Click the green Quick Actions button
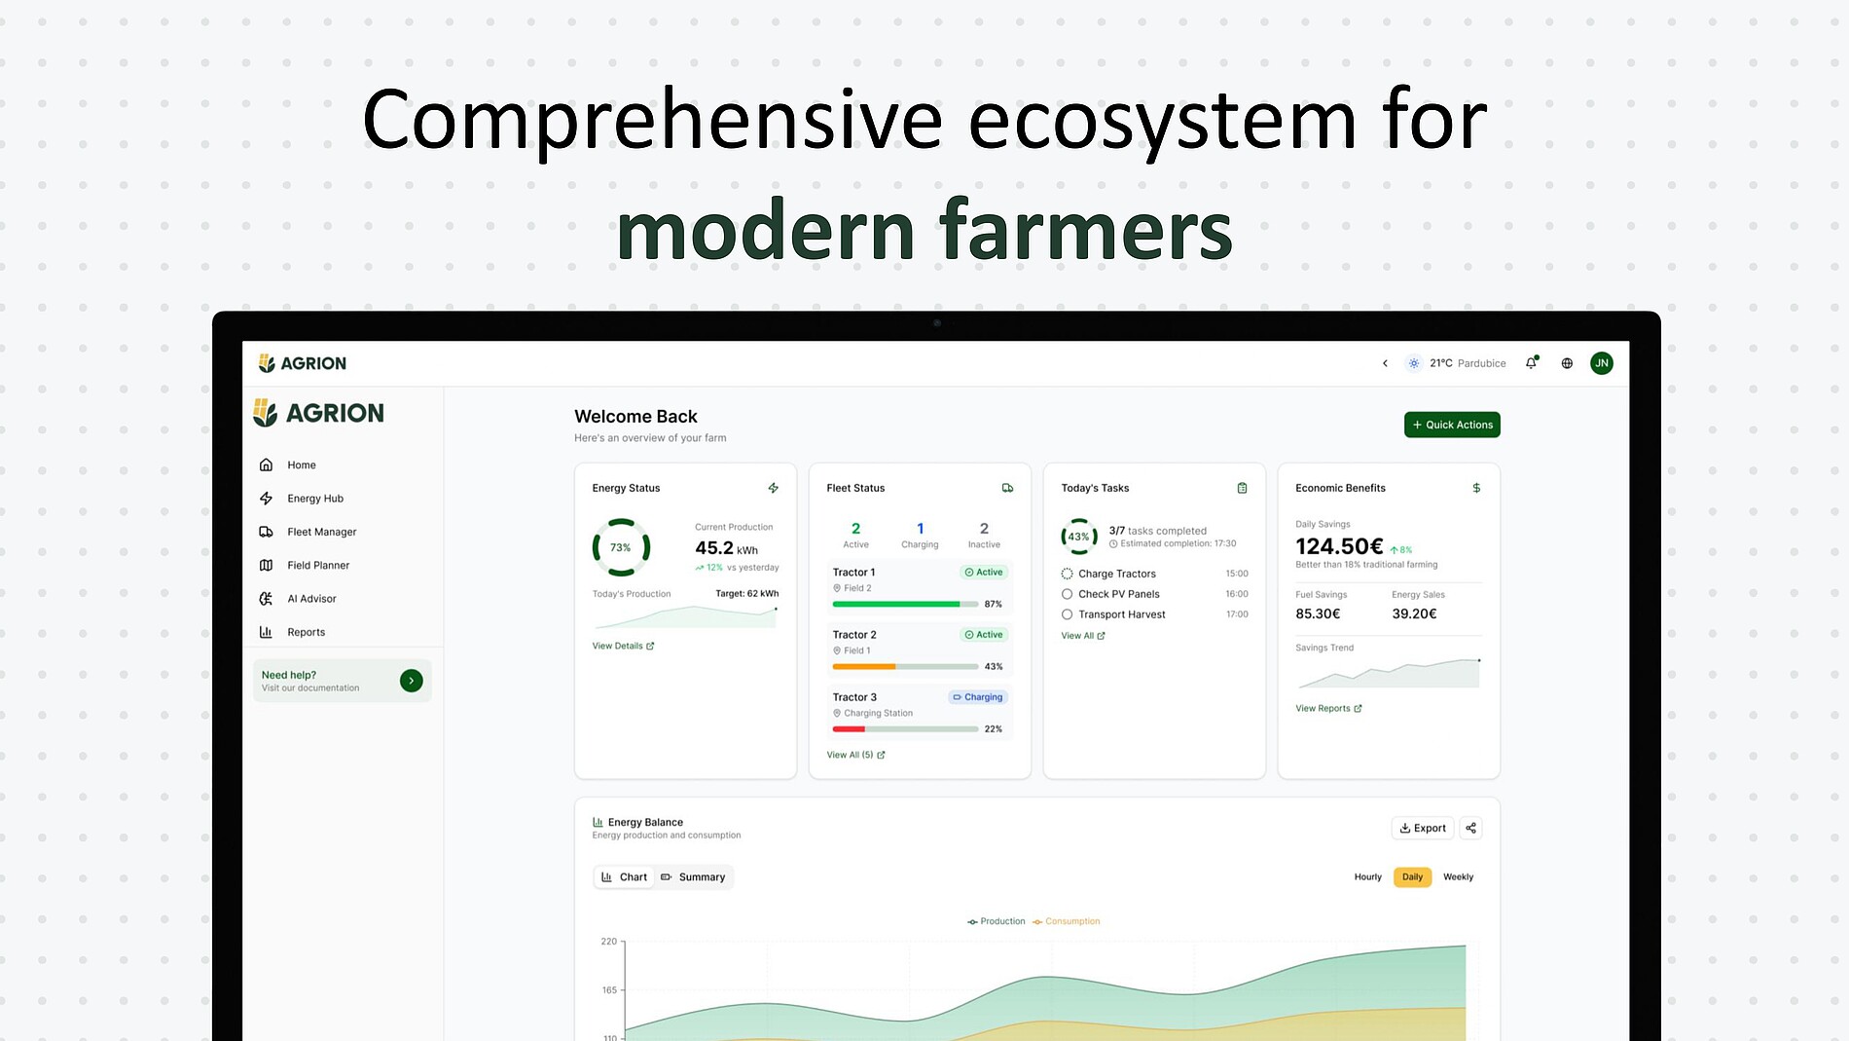tap(1452, 425)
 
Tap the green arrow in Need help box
tap(412, 681)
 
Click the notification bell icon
tap(1532, 363)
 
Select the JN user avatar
tap(1602, 363)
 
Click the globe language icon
tap(1567, 363)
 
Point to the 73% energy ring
tap(594, 547)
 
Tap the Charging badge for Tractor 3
tap(978, 697)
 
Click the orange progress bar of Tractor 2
tap(864, 667)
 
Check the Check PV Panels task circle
tap(1068, 594)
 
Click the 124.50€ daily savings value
tap(1339, 546)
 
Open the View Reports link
tap(1328, 709)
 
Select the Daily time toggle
tap(1412, 877)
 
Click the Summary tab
tap(693, 877)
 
